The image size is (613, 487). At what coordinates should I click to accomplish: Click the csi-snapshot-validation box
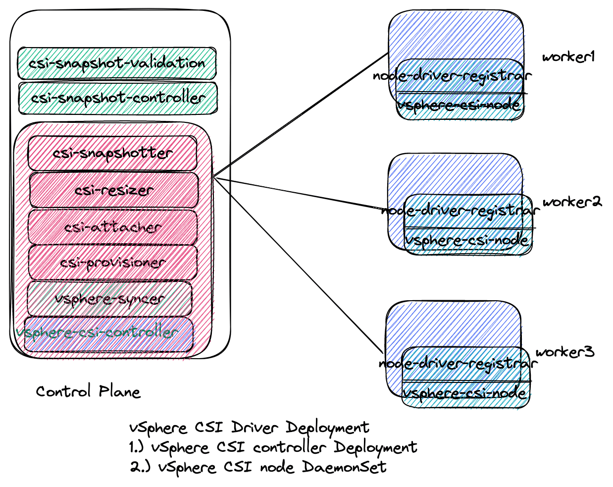point(117,63)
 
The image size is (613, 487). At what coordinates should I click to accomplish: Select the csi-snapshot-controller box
point(118,98)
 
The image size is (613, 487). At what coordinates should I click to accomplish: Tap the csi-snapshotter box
point(113,153)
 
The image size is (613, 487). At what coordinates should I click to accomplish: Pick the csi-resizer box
point(114,190)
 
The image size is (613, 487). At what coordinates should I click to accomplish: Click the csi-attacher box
point(113,227)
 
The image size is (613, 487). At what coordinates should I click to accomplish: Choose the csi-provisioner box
point(113,262)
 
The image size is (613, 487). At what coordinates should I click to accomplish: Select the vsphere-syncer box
point(109,299)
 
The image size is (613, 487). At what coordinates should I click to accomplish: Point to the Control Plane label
point(88,392)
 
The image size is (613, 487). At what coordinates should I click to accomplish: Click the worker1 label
point(568,57)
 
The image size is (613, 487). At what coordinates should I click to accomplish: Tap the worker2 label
point(572,202)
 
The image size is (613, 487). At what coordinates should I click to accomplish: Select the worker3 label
point(564,352)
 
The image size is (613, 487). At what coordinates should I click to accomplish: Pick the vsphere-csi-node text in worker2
point(467,240)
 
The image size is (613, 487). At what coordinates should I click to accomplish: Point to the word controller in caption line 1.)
point(290,447)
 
